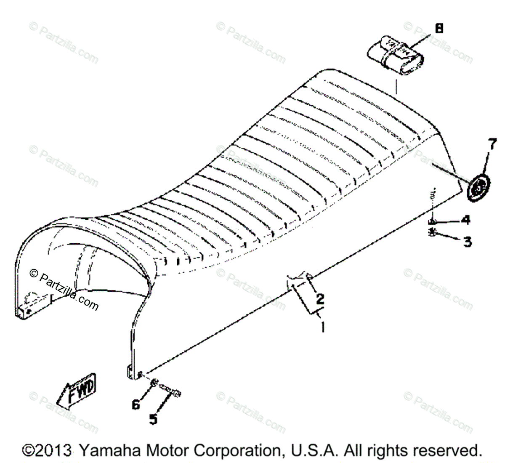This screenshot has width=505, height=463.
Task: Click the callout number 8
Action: (439, 29)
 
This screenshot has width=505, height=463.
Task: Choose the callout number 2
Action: (320, 299)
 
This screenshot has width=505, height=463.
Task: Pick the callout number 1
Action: (322, 327)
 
